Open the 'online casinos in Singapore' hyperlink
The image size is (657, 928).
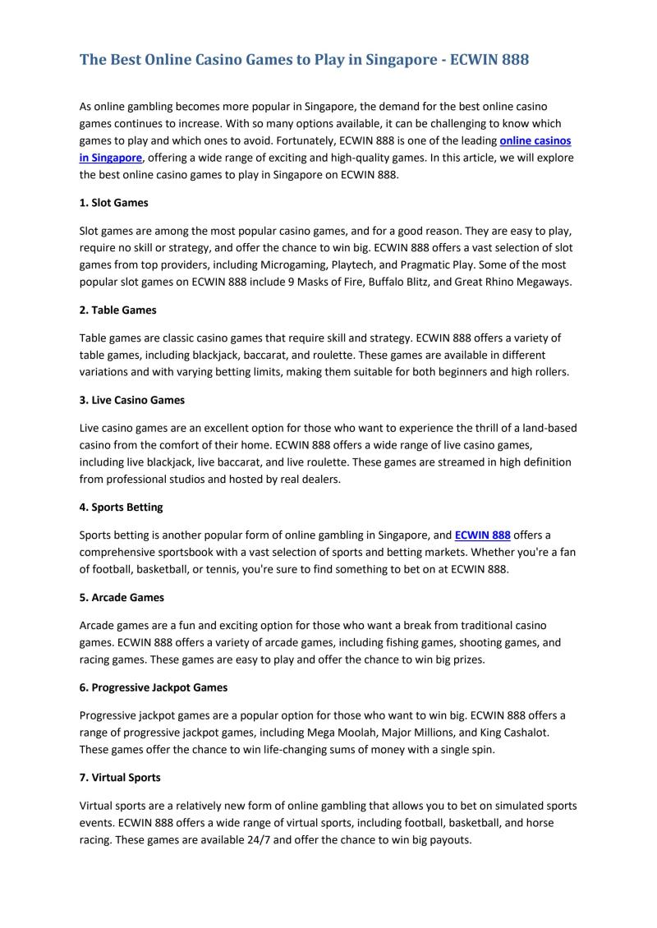coord(535,141)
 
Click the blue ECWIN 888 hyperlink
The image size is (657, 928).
coord(482,535)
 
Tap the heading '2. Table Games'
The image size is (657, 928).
coord(117,310)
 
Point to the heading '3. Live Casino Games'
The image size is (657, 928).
coord(132,400)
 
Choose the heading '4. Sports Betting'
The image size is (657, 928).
coord(121,508)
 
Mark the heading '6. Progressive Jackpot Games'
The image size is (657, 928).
coord(154,687)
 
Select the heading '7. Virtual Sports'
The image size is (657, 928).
coord(120,776)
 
